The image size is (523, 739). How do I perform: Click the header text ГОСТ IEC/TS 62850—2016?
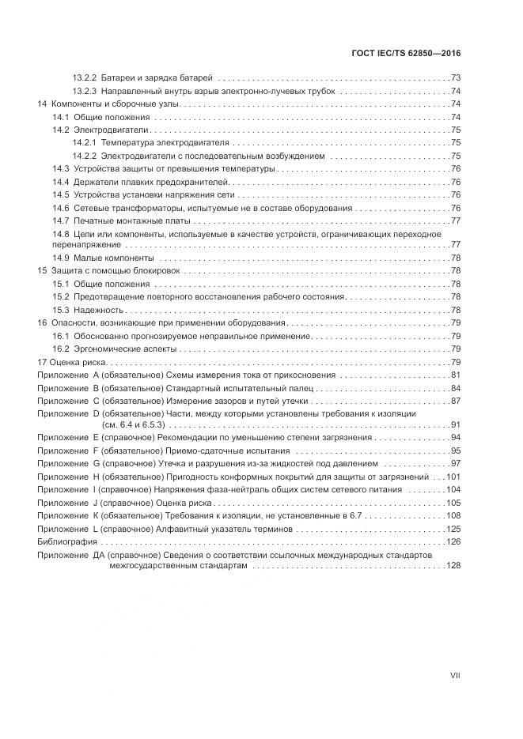pyautogui.click(x=405, y=53)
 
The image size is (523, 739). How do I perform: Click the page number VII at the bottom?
pyautogui.click(x=455, y=675)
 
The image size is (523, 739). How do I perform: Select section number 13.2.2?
pyautogui.click(x=84, y=78)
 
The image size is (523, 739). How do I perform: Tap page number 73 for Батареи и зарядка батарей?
pyautogui.click(x=456, y=78)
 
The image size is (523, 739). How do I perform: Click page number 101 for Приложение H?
pyautogui.click(x=453, y=477)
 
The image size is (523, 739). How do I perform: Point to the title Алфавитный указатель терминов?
pyautogui.click(x=229, y=528)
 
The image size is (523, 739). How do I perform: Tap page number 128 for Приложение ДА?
pyautogui.click(x=453, y=566)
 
